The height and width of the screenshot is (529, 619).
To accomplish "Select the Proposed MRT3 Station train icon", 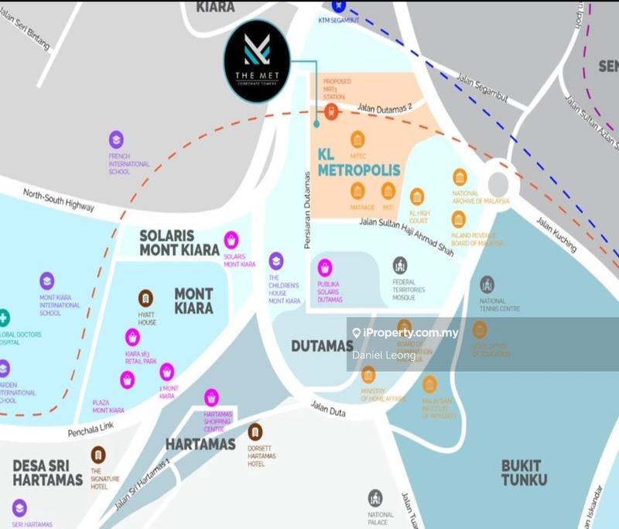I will tap(331, 112).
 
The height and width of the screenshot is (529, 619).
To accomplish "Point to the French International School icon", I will tap(115, 139).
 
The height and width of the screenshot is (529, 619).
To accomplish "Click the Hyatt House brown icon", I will tap(145, 297).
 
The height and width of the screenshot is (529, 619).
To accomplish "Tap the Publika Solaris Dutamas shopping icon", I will tap(325, 267).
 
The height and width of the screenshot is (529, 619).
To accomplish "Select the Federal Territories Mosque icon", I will tap(399, 266).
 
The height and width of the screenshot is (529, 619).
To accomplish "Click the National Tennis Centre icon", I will tap(487, 284).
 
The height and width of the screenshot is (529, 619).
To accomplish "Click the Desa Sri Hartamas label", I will tap(47, 472).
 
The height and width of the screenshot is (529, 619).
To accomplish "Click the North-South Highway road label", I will tap(59, 201).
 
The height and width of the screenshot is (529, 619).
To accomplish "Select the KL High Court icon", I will tap(417, 197).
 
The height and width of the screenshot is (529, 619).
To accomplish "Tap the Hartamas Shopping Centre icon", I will tap(211, 397).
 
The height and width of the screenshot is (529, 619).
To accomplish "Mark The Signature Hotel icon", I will tap(97, 455).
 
